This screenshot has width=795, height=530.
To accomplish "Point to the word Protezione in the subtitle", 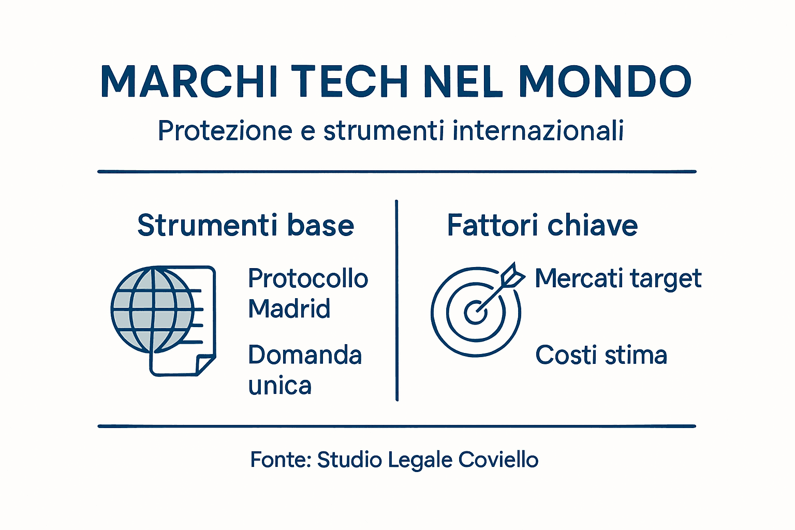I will (226, 130).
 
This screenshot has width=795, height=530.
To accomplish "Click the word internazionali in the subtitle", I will (538, 130).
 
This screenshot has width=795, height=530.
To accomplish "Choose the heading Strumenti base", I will (245, 226).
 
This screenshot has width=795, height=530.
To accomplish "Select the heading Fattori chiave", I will (542, 226).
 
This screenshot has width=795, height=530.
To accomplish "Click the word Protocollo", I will (308, 278).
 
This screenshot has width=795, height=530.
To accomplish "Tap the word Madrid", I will (289, 309).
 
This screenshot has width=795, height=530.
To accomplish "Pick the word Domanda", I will (305, 355).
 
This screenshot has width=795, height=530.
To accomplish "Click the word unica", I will (279, 386).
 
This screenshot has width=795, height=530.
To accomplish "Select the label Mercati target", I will (618, 278).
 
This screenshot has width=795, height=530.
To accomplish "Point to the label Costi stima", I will (601, 355).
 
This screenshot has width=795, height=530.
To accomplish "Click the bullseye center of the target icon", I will (475, 312).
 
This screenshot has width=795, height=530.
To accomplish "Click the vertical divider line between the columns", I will (396, 300).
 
